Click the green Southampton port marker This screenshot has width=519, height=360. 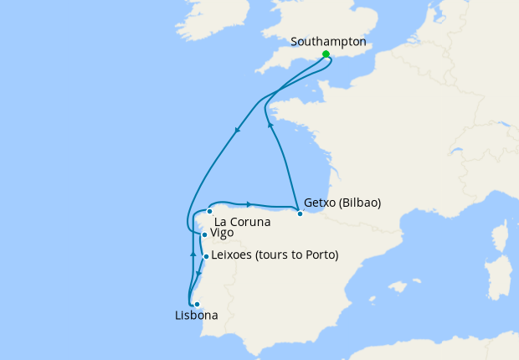(326, 54)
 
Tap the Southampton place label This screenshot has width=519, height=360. (328, 41)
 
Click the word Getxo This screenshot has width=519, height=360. (321, 203)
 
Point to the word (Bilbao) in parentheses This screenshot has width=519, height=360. (361, 203)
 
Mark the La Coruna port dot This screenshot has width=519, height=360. (209, 212)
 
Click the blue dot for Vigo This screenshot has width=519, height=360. (204, 235)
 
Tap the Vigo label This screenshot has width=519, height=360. (222, 234)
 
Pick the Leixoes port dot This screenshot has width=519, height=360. (206, 257)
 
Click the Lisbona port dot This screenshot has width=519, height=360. (197, 304)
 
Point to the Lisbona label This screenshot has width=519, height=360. (197, 316)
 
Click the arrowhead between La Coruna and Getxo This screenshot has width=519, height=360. (249, 203)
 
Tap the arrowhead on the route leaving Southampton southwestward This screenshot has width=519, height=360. (238, 130)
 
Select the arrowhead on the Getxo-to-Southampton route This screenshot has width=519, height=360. (270, 125)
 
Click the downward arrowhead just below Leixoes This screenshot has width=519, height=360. (198, 273)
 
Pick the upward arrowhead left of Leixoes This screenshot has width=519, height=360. (193, 252)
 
